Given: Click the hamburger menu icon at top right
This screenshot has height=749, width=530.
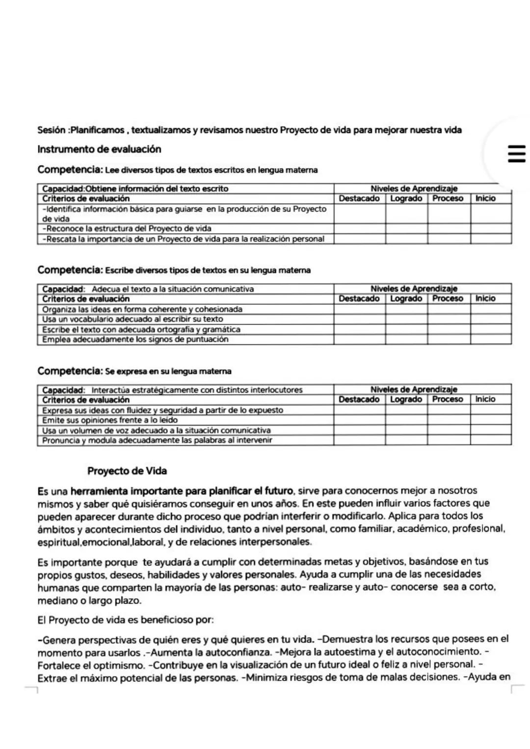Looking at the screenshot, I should [516, 154].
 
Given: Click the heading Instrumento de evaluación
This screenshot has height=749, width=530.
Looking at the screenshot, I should [99, 149].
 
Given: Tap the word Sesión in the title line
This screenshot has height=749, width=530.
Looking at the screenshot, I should [52, 130].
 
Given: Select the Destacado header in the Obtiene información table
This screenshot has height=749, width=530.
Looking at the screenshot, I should [359, 199].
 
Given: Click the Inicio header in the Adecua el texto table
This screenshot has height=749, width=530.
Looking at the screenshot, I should [485, 299].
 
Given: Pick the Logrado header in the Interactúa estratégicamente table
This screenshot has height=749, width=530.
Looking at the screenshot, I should [406, 399].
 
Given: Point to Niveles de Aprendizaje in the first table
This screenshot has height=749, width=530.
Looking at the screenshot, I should [414, 188].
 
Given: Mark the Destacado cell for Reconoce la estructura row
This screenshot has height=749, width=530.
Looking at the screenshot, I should [359, 229].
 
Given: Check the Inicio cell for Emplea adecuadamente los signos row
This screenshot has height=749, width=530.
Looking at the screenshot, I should [490, 339].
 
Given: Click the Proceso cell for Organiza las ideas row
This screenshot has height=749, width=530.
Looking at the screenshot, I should [448, 309].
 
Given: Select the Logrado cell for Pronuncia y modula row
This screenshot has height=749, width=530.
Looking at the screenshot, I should [406, 440].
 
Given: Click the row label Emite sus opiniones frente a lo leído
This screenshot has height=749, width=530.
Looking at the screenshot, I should [110, 420].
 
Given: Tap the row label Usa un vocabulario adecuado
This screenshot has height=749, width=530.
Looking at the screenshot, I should [132, 319].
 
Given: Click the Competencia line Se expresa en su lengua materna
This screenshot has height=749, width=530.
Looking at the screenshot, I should [134, 371].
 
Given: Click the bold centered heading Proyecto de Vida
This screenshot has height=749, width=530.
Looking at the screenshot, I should [127, 471].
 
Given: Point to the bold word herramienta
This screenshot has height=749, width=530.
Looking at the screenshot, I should [100, 491].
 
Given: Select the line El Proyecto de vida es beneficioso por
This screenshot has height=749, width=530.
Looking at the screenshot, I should [126, 620].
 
